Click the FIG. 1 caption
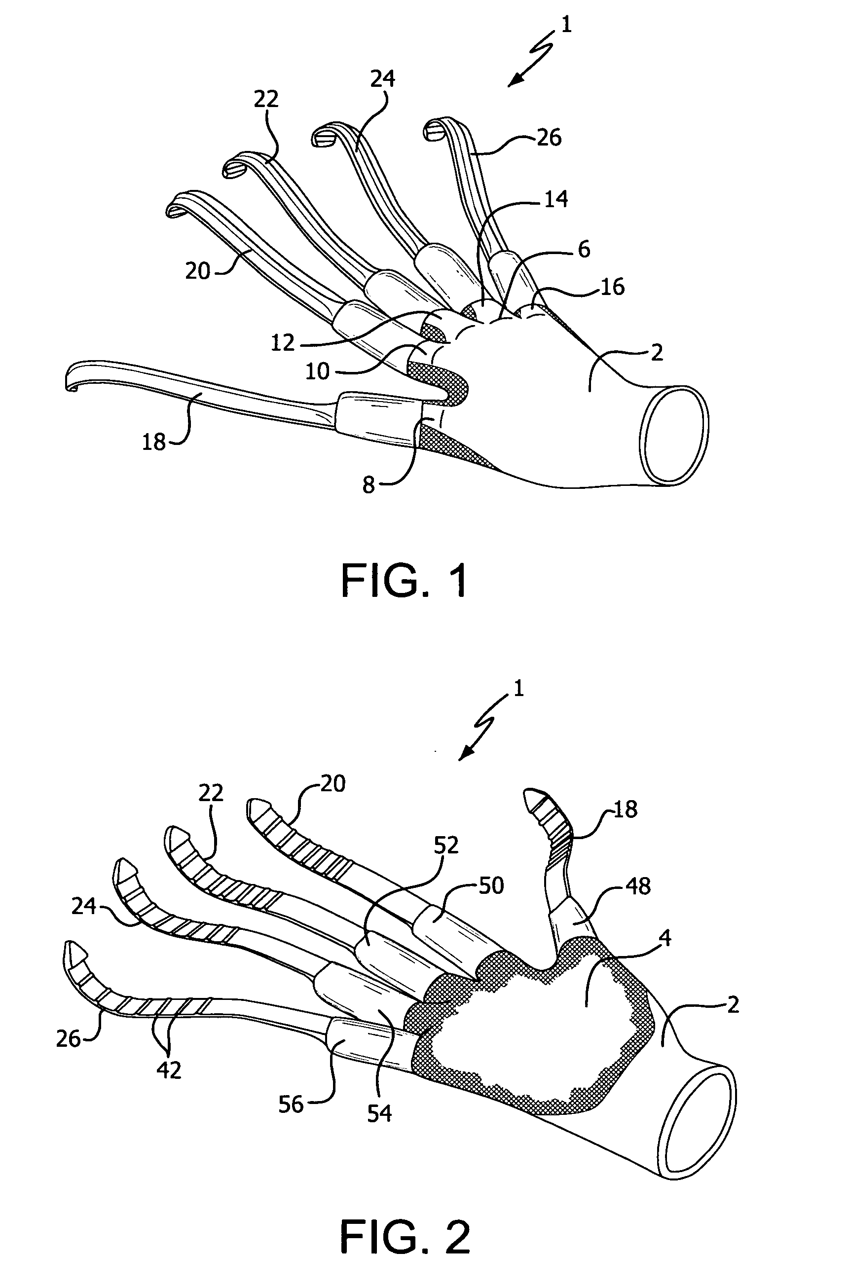[x=405, y=581]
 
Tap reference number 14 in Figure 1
[x=555, y=199]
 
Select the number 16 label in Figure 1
[x=613, y=287]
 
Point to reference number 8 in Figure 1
[x=369, y=485]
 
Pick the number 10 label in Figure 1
[x=318, y=371]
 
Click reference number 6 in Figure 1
[x=583, y=249]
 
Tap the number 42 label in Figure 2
[x=169, y=1070]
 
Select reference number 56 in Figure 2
[x=291, y=1104]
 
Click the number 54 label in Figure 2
[x=379, y=1113]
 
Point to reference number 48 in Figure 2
[x=638, y=886]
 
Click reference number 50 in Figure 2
[x=491, y=885]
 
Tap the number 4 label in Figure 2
[x=666, y=937]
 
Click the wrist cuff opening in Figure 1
[x=674, y=434]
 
